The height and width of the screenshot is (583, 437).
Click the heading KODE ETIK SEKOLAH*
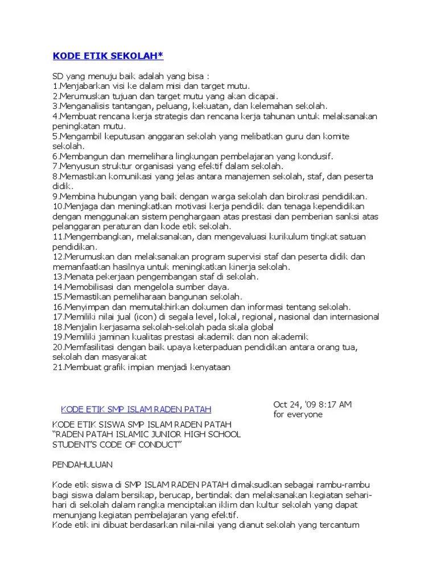click(108, 56)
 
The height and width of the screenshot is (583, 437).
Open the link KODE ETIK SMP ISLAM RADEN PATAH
click(136, 409)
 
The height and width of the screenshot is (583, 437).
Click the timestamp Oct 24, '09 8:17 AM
click(312, 404)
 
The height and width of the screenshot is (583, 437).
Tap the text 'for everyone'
click(298, 414)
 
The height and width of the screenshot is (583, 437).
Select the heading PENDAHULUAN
click(83, 465)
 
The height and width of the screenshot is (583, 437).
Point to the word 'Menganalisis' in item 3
click(85, 106)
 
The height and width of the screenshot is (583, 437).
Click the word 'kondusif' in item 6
click(316, 156)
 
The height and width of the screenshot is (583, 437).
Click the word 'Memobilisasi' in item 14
click(90, 286)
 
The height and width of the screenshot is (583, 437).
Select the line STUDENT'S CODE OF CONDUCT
click(117, 444)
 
